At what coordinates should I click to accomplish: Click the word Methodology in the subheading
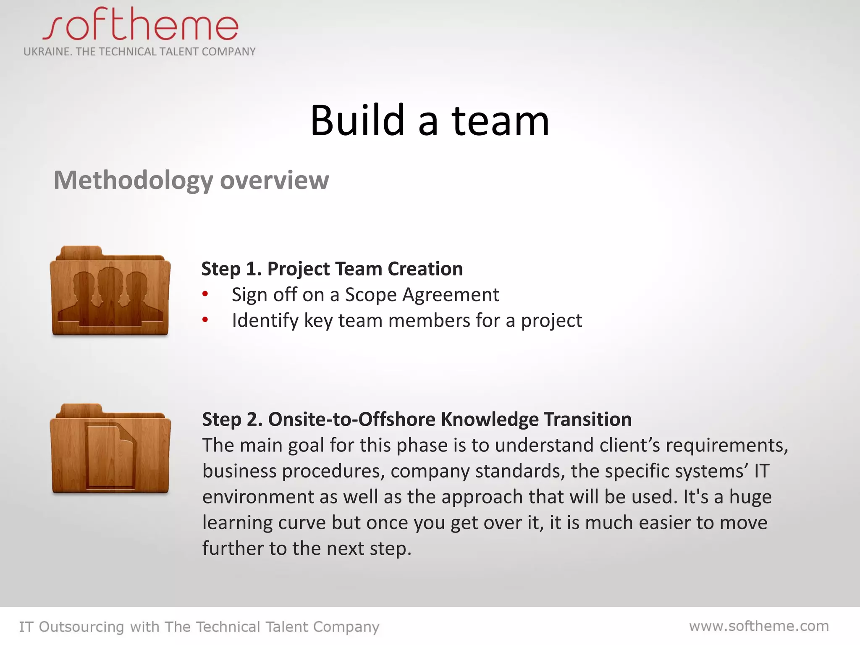(133, 181)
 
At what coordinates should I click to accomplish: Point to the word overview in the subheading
(274, 181)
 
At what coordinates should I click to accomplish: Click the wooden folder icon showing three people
(110, 291)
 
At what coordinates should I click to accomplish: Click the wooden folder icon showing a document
(110, 449)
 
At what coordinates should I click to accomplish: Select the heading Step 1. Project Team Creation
(332, 269)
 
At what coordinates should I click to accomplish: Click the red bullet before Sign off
(205, 294)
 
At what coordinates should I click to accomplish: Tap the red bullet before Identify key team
(205, 320)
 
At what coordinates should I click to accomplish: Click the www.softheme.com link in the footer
(759, 626)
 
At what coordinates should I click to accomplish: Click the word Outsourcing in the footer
(81, 627)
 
